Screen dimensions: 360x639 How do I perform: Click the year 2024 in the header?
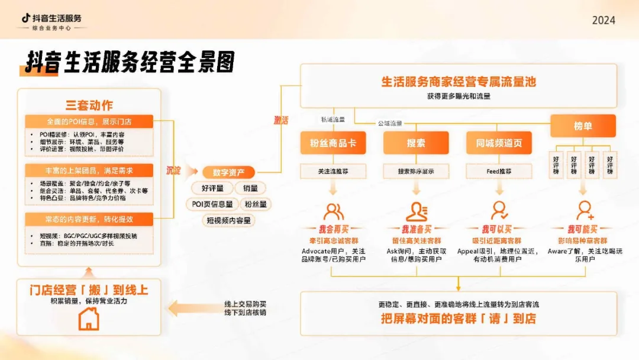pyautogui.click(x=603, y=20)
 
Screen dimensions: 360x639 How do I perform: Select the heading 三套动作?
pyautogui.click(x=89, y=105)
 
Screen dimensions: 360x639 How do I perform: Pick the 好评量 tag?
pyautogui.click(x=212, y=188)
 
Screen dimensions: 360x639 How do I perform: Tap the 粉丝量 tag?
pyautogui.click(x=256, y=204)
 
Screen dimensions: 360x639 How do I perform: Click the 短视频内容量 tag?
pyautogui.click(x=228, y=220)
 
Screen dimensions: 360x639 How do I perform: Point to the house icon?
pyautogui.click(x=89, y=319)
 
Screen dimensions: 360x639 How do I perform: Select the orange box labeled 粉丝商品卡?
pyautogui.click(x=333, y=143)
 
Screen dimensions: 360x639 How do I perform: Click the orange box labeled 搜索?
pyautogui.click(x=416, y=143)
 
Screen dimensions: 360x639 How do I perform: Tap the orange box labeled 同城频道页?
pyautogui.click(x=499, y=143)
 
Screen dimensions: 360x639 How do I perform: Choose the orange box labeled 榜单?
pyautogui.click(x=583, y=126)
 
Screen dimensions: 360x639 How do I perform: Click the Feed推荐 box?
pyautogui.click(x=499, y=171)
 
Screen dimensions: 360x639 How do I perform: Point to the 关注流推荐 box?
pyautogui.click(x=333, y=171)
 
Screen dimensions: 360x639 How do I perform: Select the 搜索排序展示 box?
pyautogui.click(x=416, y=171)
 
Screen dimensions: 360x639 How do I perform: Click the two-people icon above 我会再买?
pyautogui.click(x=333, y=211)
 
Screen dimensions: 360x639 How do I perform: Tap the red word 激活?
pyautogui.click(x=280, y=120)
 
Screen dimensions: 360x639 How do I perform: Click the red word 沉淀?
pyautogui.click(x=174, y=171)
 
